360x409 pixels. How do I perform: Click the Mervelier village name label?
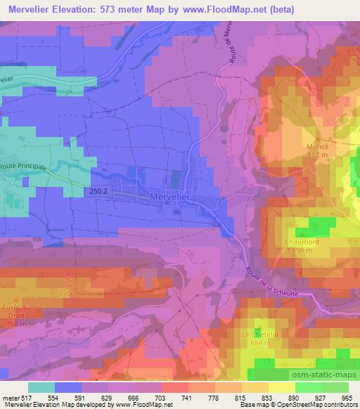coord(172,197)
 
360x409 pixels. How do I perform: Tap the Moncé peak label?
coord(318,146)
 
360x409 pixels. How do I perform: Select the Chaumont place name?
coord(304,242)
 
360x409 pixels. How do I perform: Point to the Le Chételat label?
coord(257,334)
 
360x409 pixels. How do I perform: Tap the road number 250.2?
coord(99,190)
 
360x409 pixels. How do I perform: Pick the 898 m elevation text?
coord(304,250)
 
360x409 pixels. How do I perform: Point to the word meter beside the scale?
coord(11,397)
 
